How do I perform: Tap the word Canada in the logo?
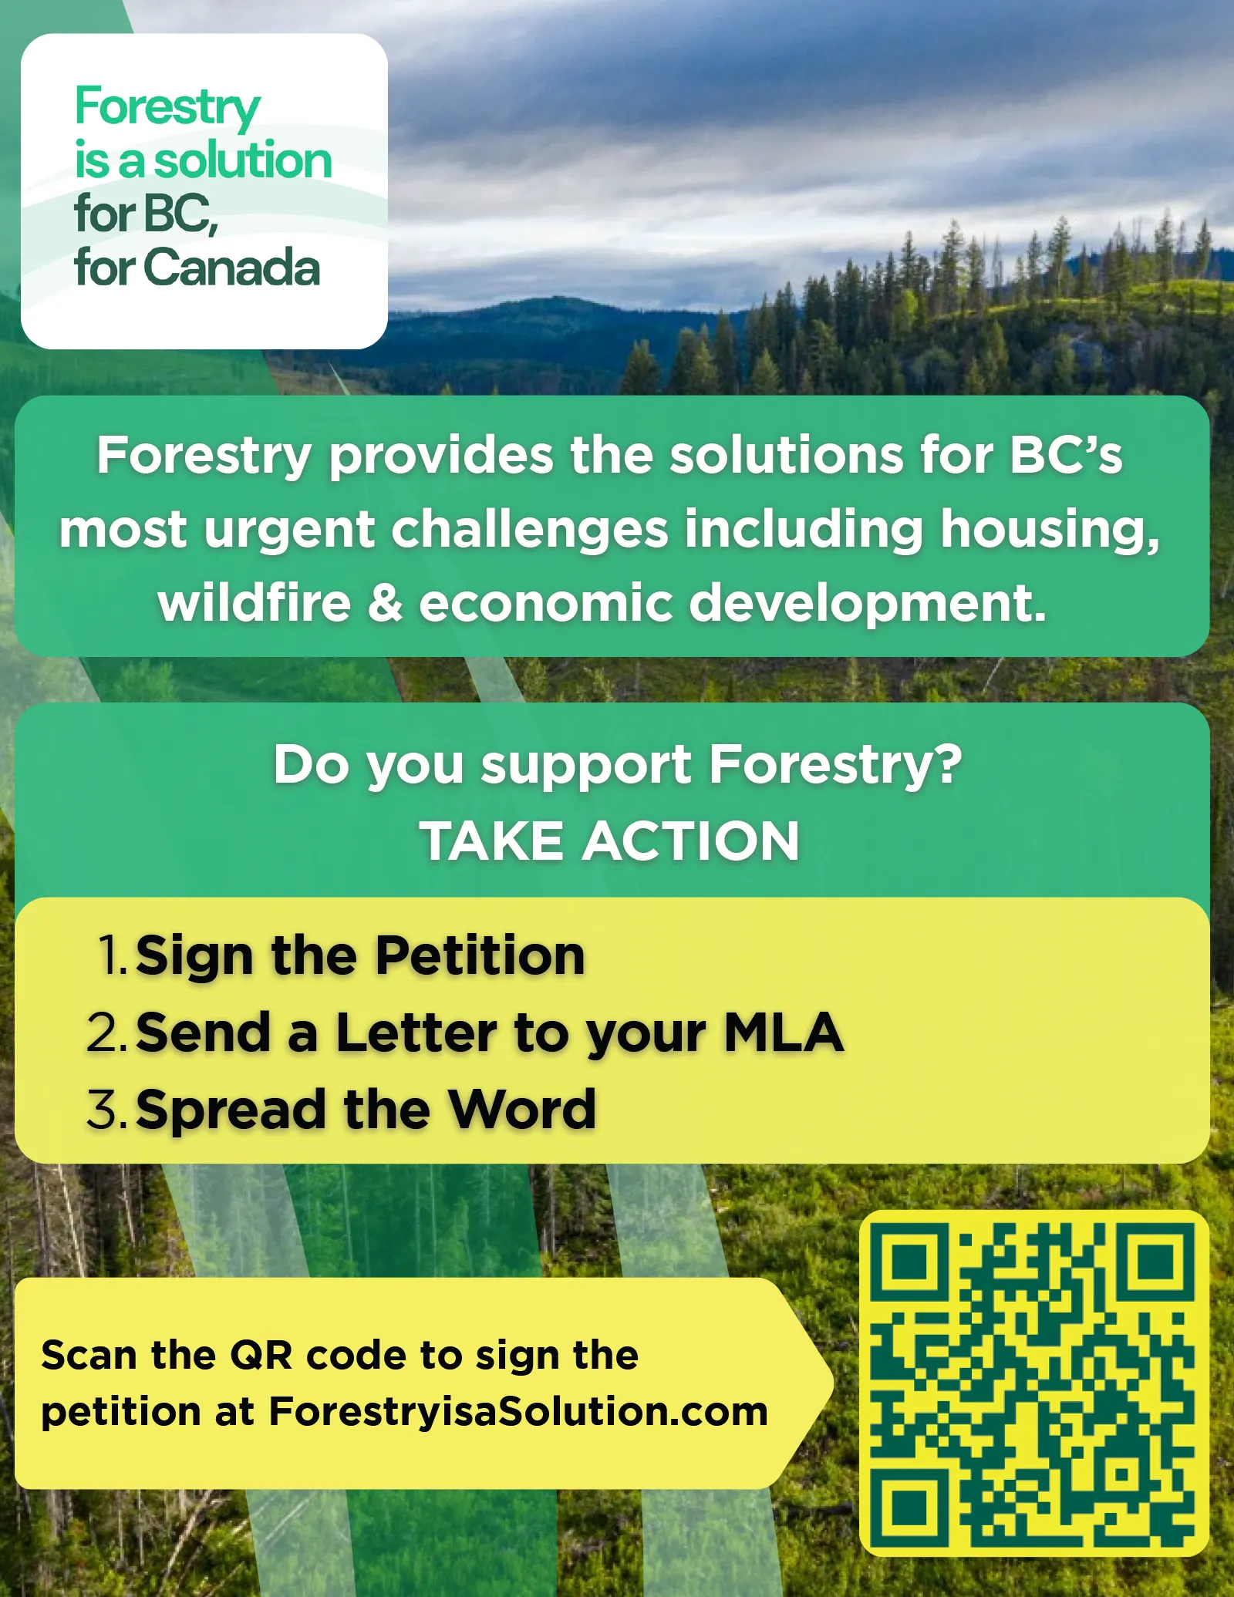pos(231,268)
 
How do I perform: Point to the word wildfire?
pos(255,602)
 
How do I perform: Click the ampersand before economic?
pos(385,602)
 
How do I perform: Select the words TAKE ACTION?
pos(609,841)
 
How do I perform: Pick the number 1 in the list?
pos(109,955)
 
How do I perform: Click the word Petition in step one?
pos(480,955)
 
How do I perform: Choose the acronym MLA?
pos(783,1032)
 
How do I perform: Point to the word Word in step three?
pos(522,1109)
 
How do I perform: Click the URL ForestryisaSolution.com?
pos(518,1411)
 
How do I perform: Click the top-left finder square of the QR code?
pos(909,1262)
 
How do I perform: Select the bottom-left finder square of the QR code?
pos(909,1506)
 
